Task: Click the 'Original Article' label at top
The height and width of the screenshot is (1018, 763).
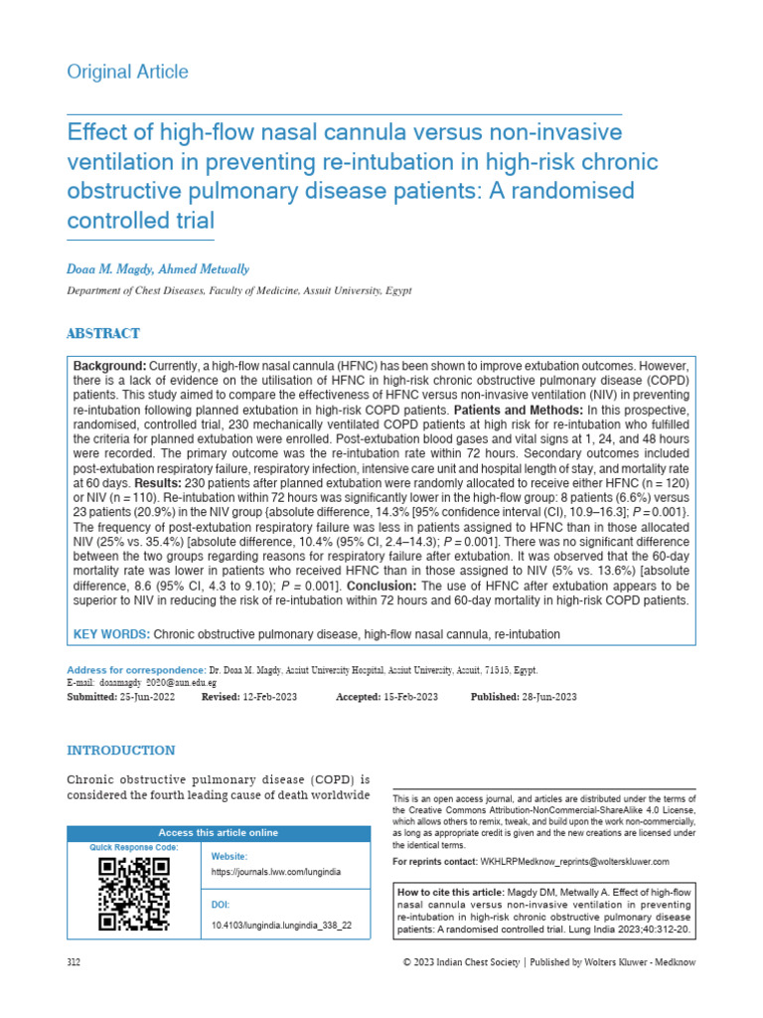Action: coord(126,72)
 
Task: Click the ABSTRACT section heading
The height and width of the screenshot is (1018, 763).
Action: coord(102,334)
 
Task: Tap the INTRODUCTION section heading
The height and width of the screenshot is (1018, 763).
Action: coord(120,751)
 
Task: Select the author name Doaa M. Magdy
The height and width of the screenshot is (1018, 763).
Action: coord(110,269)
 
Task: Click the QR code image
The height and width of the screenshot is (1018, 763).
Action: coord(134,893)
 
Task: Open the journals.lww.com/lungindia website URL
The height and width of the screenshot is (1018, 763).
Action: coord(276,872)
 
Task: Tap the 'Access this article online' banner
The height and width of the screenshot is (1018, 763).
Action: coord(220,833)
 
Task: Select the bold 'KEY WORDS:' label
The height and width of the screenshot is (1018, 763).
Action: coord(112,634)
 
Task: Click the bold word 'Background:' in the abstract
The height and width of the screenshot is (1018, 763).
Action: coord(110,368)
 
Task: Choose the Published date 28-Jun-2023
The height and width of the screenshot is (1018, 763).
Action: coord(538,697)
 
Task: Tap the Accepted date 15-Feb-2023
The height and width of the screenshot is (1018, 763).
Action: coord(410,697)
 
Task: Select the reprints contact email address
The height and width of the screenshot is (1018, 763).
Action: coord(574,861)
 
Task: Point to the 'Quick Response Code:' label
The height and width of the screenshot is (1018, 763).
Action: coord(134,847)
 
